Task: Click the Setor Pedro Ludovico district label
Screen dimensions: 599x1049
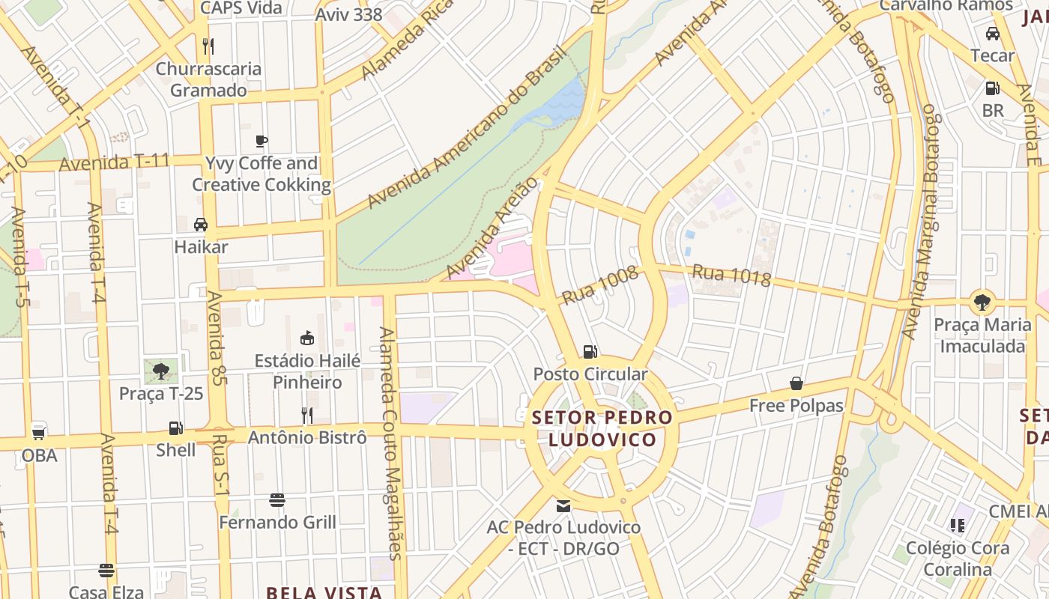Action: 602,428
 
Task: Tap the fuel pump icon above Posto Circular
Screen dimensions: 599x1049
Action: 590,351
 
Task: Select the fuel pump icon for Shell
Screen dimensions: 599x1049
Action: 175,428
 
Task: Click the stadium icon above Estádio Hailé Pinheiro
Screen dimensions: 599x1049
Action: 306,338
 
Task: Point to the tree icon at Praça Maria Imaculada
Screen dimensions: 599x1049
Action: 982,302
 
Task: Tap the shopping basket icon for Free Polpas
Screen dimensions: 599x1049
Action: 796,383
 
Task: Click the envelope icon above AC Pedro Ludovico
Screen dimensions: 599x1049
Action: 563,505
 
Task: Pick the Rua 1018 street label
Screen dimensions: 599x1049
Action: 731,275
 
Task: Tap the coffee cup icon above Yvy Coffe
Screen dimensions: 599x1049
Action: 261,141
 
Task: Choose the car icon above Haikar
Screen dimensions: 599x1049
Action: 201,224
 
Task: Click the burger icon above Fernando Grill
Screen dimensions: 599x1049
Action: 277,499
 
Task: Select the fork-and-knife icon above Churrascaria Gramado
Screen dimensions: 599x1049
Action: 208,46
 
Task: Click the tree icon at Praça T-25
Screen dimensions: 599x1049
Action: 161,371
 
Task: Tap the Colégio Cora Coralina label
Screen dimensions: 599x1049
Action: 957,559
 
